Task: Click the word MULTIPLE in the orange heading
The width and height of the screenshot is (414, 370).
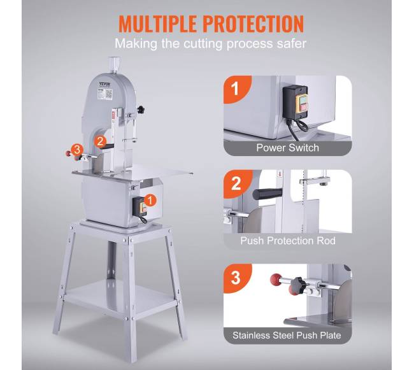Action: pos(157,24)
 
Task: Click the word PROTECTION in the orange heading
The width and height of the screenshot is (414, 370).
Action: pos(253,24)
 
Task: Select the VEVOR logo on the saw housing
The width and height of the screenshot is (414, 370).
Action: pos(105,84)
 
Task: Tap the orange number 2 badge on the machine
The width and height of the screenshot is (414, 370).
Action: pos(100,141)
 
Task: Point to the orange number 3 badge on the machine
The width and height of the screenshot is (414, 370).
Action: pos(77,150)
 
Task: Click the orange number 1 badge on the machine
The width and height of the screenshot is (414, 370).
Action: pos(150,201)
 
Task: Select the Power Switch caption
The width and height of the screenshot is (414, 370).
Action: pos(287,148)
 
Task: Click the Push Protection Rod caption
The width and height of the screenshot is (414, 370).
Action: pos(288,241)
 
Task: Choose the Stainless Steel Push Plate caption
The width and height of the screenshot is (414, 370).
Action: pos(287,336)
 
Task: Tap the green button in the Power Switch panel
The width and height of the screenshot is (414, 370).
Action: pos(303,99)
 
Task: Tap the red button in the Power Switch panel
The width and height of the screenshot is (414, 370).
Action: pos(303,108)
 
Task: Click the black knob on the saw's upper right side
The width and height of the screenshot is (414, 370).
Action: pos(141,109)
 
